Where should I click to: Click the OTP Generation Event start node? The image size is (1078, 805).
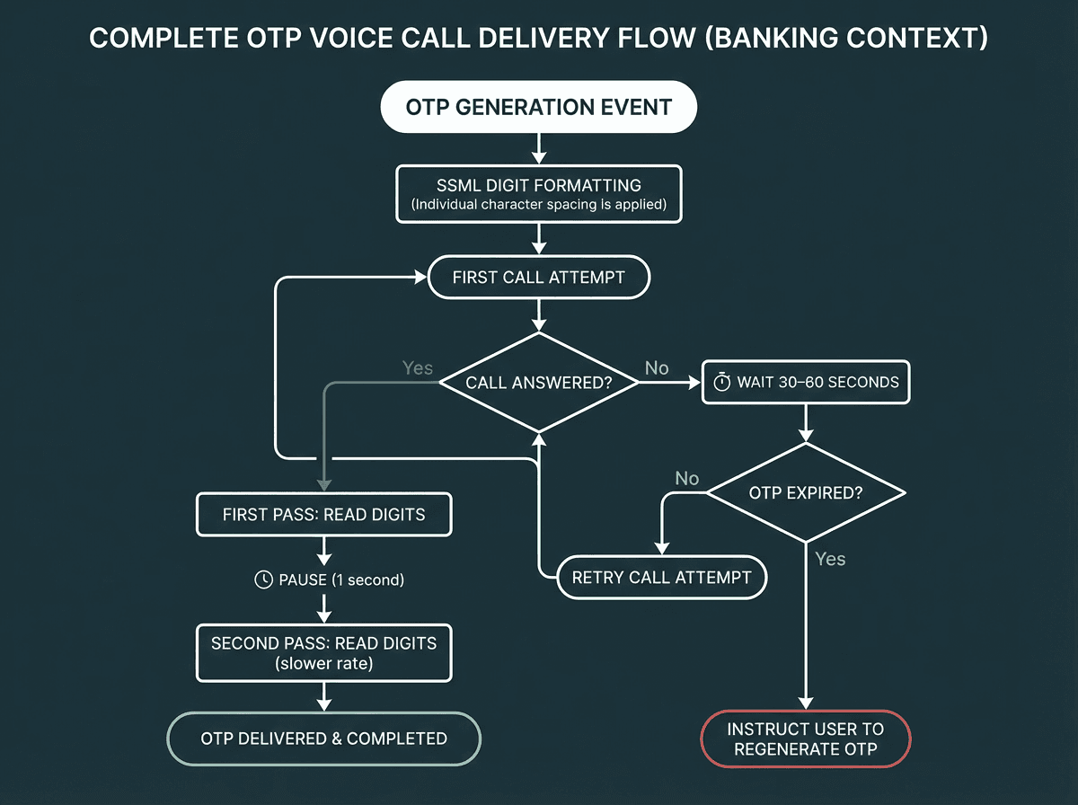pyautogui.click(x=538, y=108)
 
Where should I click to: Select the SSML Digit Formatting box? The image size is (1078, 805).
pyautogui.click(x=538, y=194)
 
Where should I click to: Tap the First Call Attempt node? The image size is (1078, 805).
pyautogui.click(x=538, y=277)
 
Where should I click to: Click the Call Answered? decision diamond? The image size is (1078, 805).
pyautogui.click(x=538, y=383)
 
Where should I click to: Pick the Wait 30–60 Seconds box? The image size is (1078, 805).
pyautogui.click(x=806, y=382)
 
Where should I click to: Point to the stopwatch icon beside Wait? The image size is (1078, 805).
pyautogui.click(x=722, y=382)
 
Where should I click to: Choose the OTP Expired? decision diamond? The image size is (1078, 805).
pyautogui.click(x=806, y=492)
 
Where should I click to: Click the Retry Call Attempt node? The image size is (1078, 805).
pyautogui.click(x=661, y=577)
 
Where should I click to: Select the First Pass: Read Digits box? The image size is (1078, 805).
pyautogui.click(x=323, y=515)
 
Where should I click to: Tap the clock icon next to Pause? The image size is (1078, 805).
pyautogui.click(x=264, y=579)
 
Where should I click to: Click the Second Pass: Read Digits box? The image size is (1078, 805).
pyautogui.click(x=323, y=653)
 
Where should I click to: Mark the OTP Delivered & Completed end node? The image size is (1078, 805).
pyautogui.click(x=323, y=739)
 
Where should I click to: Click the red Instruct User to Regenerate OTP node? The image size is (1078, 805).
pyautogui.click(x=806, y=739)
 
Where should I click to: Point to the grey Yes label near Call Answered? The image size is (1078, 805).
pyautogui.click(x=418, y=368)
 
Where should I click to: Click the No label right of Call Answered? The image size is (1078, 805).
pyautogui.click(x=657, y=368)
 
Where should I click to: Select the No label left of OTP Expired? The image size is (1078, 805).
pyautogui.click(x=686, y=479)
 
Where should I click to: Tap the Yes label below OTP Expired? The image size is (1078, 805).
pyautogui.click(x=830, y=559)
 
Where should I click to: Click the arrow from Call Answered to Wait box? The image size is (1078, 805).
pyautogui.click(x=669, y=383)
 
